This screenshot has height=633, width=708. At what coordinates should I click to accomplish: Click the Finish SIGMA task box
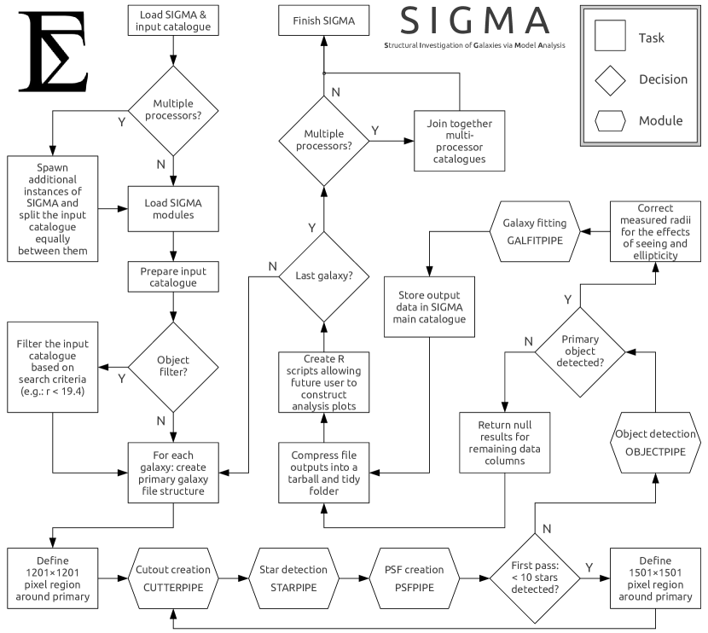[x=324, y=20]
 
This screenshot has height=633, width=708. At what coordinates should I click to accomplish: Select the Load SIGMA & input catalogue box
[x=173, y=20]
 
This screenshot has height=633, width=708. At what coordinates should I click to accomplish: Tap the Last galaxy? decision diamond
[x=324, y=276]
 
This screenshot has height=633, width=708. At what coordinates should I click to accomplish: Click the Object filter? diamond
[x=173, y=367]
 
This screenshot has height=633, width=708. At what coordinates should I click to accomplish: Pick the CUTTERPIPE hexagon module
[x=173, y=578]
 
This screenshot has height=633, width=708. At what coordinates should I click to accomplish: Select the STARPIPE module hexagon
[x=293, y=578]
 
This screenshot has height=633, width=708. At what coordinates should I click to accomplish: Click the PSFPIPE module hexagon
[x=415, y=578]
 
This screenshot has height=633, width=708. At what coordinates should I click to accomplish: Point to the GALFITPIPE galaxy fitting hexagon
[x=535, y=231]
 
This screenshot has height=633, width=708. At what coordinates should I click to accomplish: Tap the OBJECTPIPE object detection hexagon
[x=655, y=443]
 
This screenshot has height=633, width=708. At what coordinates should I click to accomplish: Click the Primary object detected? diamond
[x=580, y=351]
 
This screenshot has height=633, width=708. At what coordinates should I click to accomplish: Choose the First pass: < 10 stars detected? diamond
[x=535, y=578]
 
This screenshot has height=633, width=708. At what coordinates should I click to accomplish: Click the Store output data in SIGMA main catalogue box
[x=429, y=306]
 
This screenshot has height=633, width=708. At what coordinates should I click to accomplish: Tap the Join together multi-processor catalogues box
[x=459, y=141]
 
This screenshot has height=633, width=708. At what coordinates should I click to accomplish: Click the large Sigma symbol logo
[x=53, y=51]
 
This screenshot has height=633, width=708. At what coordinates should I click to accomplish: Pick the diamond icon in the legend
[x=610, y=80]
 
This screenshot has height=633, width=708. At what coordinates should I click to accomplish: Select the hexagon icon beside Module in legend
[x=610, y=120]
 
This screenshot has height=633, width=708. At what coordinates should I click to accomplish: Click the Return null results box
[x=504, y=443]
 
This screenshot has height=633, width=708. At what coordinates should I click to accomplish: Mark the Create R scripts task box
[x=324, y=382]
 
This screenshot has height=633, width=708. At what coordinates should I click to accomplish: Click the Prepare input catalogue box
[x=173, y=276]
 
